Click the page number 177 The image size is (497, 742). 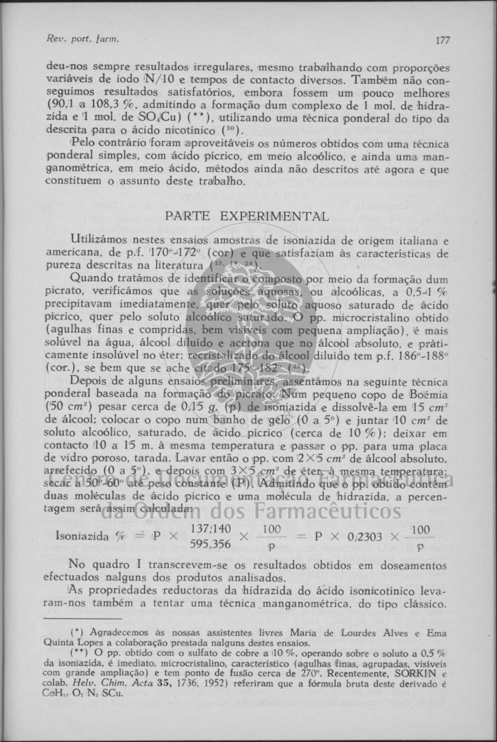[442, 40]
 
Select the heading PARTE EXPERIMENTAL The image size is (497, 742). [246, 215]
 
